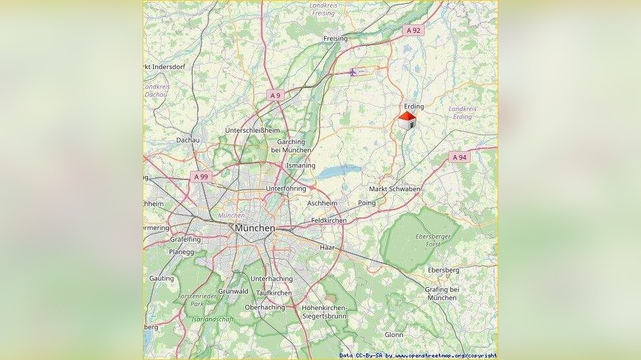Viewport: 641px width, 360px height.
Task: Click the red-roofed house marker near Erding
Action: [407, 120]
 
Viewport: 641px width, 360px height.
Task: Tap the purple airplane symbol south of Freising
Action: [353, 72]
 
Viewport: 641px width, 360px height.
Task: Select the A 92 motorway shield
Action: [414, 30]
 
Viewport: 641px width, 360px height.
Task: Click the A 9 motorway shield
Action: [275, 95]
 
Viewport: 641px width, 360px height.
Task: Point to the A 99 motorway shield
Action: [201, 177]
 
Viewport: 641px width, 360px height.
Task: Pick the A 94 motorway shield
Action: [460, 157]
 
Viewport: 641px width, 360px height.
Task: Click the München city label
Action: [254, 227]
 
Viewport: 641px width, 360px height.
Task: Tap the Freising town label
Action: [335, 39]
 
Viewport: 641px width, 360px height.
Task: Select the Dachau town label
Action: [187, 140]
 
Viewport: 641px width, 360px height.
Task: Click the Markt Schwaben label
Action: [394, 189]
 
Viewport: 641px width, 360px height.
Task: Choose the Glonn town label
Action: [394, 334]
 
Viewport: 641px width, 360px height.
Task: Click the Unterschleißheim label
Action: [252, 130]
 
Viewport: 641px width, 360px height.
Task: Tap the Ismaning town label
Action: [300, 166]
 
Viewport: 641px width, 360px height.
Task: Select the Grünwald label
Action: [233, 291]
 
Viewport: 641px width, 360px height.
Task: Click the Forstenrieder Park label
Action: [191, 300]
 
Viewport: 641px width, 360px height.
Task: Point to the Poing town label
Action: [367, 203]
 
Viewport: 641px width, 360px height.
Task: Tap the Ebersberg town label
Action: [443, 270]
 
